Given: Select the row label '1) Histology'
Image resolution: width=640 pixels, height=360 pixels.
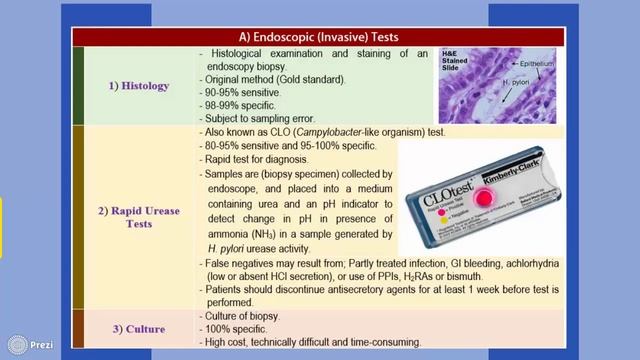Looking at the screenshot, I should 140,86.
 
